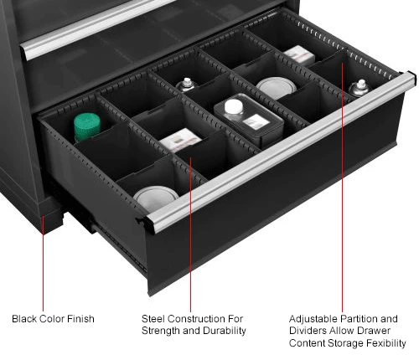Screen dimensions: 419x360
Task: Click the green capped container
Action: [x=87, y=126]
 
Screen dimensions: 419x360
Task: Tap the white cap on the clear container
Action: [x=234, y=107]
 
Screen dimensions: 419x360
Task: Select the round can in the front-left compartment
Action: [x=156, y=198]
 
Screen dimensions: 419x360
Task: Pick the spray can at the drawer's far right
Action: [x=360, y=88]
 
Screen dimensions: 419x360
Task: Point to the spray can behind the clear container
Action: [x=186, y=85]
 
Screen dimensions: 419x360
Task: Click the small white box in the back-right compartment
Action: [x=299, y=55]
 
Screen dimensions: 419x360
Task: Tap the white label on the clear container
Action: [x=256, y=122]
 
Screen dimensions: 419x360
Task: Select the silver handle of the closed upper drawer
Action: [x=92, y=28]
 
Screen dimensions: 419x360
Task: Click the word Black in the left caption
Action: [x=24, y=319]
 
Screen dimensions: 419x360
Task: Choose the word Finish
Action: [x=80, y=319]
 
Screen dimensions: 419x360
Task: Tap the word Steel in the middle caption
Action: [x=153, y=319]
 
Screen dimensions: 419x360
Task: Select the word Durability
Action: [x=224, y=331]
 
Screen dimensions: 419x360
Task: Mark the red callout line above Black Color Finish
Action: [x=43, y=264]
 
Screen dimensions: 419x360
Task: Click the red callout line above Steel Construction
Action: [x=190, y=234]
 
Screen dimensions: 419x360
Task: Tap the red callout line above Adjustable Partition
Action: [x=343, y=188]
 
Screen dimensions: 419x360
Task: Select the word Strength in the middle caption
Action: [x=161, y=331]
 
